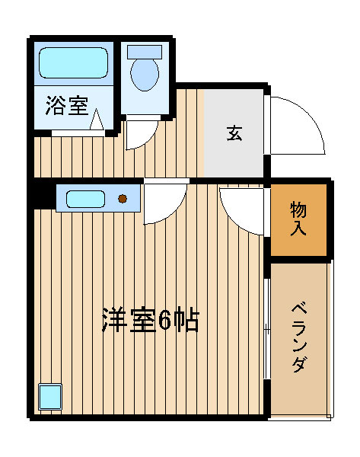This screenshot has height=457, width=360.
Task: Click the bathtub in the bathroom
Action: pos(73,62)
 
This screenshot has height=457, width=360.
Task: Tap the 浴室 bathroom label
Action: pos(67,106)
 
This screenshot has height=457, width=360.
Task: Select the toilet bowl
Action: pos(145,75)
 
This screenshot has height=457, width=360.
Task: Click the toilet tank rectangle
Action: pos(145,52)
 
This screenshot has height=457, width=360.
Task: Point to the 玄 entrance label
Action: pos(234,133)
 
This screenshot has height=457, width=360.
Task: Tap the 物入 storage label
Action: pos(298,219)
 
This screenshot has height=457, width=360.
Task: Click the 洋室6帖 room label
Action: pos(151,321)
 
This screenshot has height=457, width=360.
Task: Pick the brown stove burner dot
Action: pos(123,199)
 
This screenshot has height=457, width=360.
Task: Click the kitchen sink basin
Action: pos(85,199)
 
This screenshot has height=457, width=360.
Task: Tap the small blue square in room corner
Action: pos(50,397)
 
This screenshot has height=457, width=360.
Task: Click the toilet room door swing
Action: pos(148,139)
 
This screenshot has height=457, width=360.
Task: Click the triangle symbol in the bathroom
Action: pos(97,119)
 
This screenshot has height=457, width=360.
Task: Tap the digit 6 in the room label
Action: pos(165,321)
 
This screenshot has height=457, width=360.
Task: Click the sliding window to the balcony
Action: pos(267,329)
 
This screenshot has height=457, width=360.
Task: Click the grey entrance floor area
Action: pos(234,133)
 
